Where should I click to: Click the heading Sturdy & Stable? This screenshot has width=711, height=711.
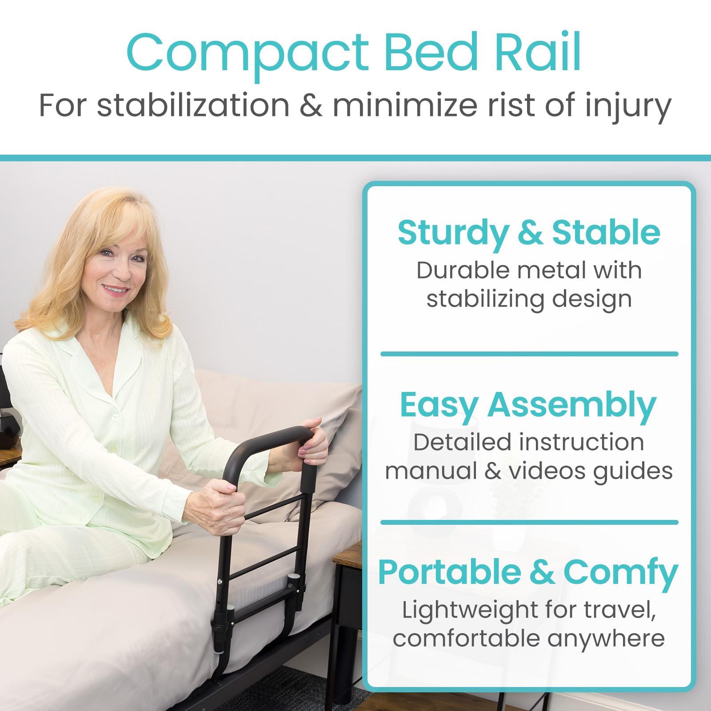[529, 233]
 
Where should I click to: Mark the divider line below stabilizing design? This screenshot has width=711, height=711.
[529, 354]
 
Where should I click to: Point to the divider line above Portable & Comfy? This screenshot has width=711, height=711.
[529, 522]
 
